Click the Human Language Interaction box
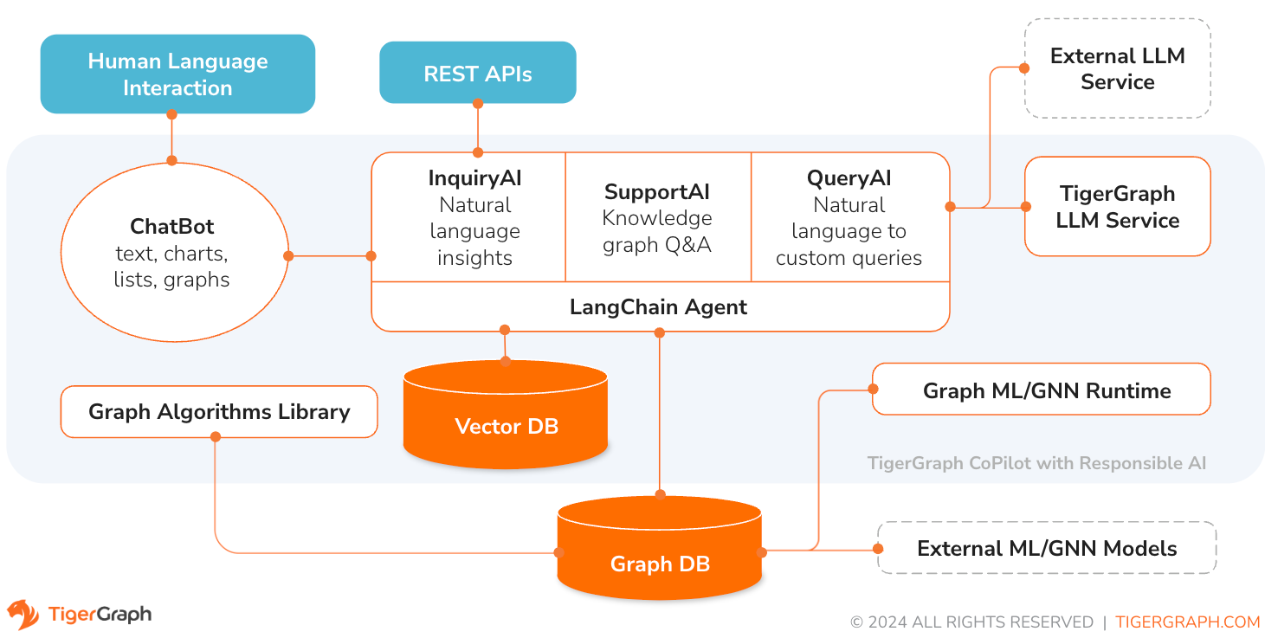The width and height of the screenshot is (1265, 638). (177, 74)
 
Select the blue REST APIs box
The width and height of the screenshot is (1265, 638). (477, 74)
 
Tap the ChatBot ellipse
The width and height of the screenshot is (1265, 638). (172, 253)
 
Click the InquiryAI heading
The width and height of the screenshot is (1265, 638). (474, 178)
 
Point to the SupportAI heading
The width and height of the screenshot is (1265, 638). (656, 191)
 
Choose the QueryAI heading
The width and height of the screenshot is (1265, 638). (849, 178)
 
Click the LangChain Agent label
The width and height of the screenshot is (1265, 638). (658, 306)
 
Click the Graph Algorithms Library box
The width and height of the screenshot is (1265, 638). (219, 412)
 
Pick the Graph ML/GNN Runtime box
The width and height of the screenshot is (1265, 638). (1046, 390)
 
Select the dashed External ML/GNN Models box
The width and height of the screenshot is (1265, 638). (1046, 549)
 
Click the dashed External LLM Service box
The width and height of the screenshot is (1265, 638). (1116, 69)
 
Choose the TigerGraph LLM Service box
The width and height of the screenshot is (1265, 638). (1116, 207)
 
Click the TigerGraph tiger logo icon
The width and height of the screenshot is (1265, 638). (23, 615)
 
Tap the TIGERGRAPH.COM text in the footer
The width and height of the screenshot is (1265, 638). (1187, 622)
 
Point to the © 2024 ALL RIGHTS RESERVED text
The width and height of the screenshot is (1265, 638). (971, 622)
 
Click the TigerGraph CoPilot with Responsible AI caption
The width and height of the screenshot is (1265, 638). (1036, 463)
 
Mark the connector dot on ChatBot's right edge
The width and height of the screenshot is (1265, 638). (288, 255)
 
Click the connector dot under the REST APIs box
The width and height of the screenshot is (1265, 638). (477, 103)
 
